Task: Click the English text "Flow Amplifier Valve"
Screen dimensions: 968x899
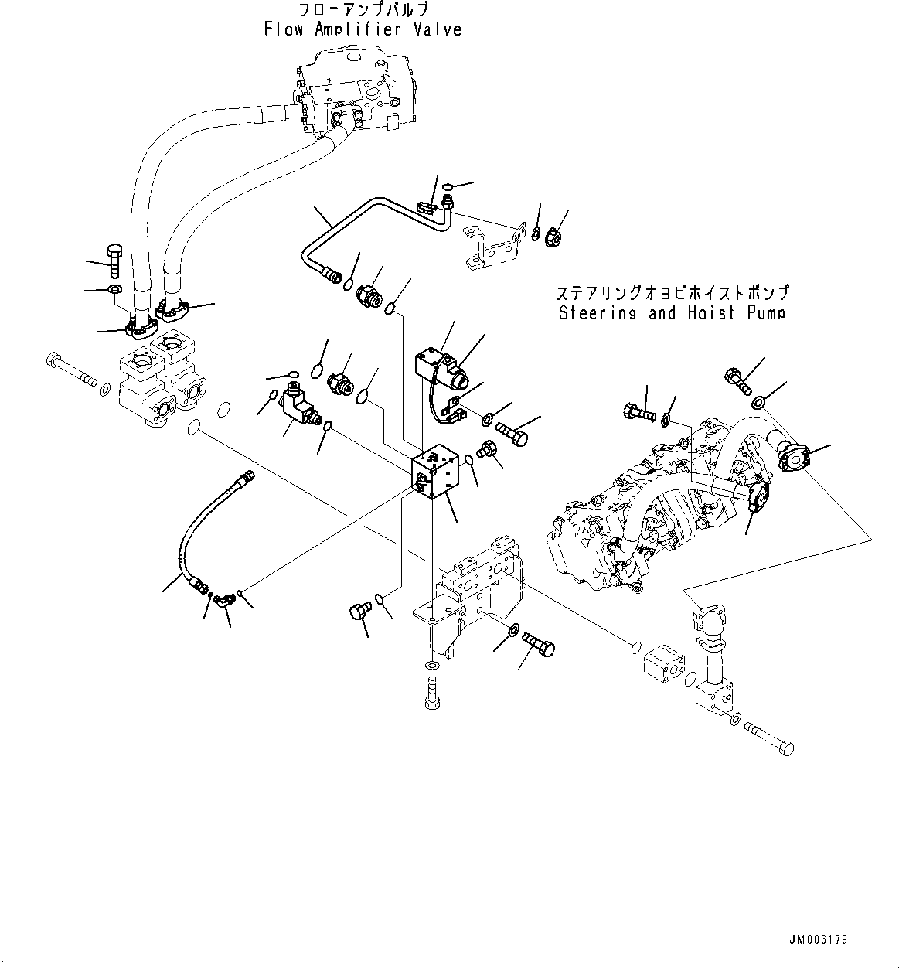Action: coord(363,29)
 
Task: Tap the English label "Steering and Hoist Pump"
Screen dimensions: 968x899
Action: coord(671,313)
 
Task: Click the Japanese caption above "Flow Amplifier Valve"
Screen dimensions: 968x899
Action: coord(363,10)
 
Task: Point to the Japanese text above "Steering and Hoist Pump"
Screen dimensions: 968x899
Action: coord(672,294)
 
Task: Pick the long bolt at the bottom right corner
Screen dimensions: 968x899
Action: coord(769,738)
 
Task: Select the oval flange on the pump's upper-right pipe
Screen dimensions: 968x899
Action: coord(793,458)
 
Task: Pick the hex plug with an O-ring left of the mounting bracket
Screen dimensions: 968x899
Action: coord(357,612)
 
